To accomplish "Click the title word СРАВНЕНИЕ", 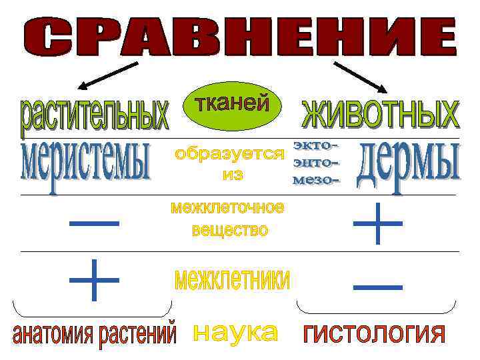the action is [x=240, y=36].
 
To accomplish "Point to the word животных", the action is [x=381, y=114].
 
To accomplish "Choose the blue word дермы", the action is [x=409, y=164].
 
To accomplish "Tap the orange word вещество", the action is [x=229, y=231].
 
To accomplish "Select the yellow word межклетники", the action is [x=231, y=279].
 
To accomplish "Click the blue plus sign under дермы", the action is [x=377, y=224].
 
